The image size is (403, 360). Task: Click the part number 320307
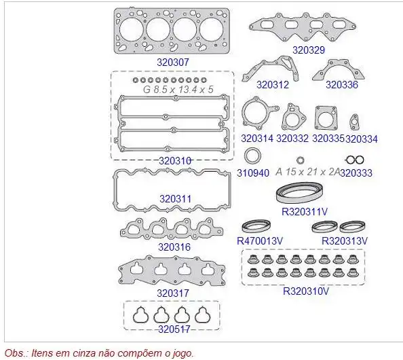click(173, 62)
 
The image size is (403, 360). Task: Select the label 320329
click(309, 50)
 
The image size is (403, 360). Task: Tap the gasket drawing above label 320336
click(339, 69)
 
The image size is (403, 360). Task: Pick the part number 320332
click(292, 139)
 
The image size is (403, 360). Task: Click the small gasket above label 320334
click(354, 122)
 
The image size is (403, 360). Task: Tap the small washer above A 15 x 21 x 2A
click(300, 160)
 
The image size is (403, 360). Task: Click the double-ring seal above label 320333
click(354, 160)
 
